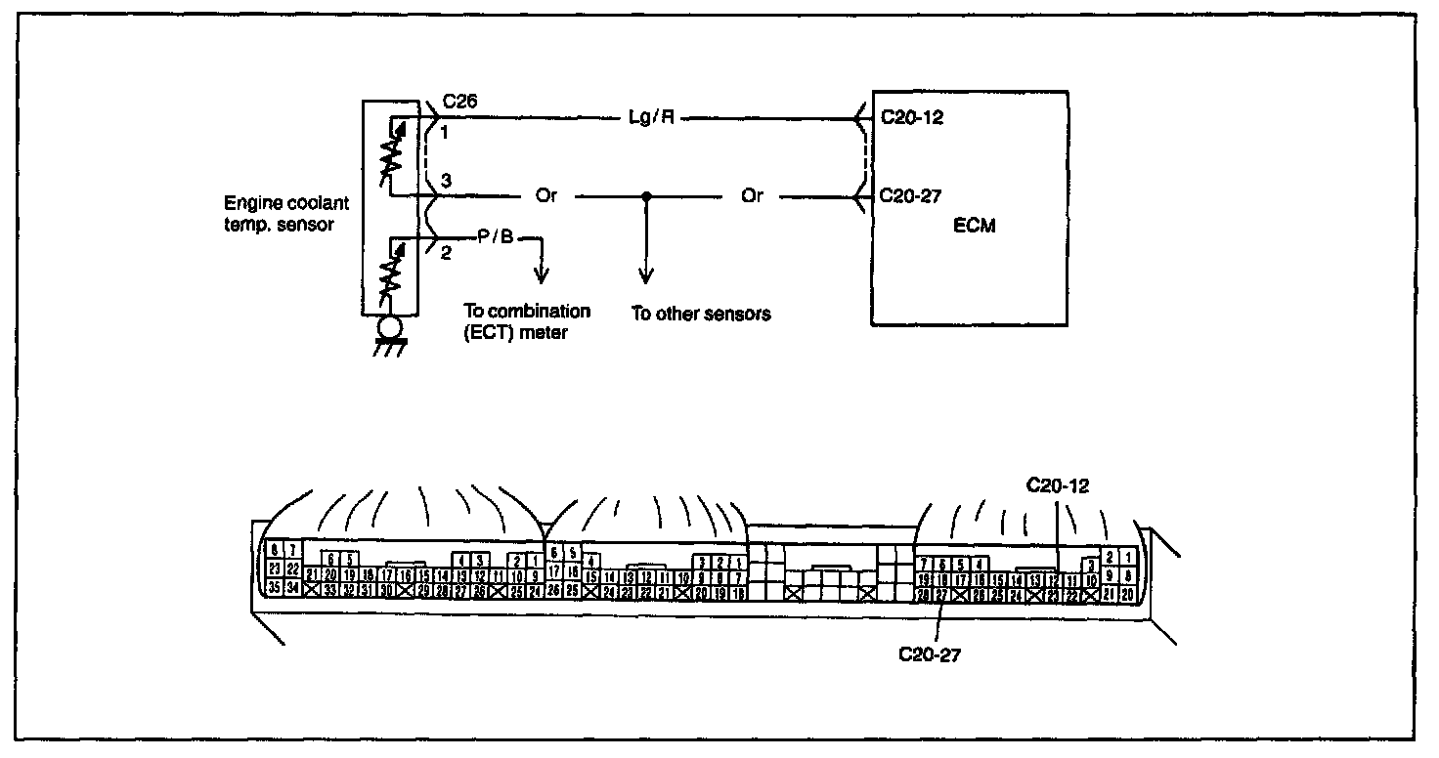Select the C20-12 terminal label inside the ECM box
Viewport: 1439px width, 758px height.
910,116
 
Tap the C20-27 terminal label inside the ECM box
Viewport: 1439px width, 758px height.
910,195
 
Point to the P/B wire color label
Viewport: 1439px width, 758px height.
494,238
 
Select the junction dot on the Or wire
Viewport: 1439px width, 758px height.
645,196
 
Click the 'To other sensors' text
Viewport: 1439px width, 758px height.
701,315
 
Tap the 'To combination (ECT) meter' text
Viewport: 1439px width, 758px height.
526,321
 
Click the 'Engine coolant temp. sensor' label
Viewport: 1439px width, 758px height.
285,216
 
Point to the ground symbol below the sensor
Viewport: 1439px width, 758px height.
391,337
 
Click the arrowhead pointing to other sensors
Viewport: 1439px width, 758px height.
645,276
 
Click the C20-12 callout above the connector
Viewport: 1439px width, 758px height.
1058,484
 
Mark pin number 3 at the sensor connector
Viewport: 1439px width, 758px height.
446,180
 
